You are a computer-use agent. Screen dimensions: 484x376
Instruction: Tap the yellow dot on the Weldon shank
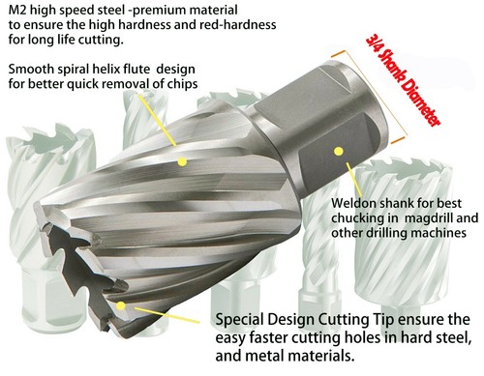pos(338,151)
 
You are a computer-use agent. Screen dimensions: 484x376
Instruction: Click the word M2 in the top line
pos(16,11)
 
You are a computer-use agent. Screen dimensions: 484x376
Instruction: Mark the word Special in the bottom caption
pos(243,319)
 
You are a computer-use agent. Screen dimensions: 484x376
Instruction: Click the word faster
pos(280,337)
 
